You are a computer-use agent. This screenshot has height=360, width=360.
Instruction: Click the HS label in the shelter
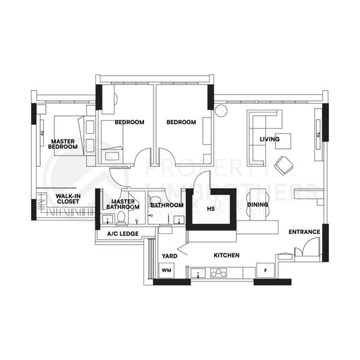[211, 209]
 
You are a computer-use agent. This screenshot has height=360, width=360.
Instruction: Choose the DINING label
[257, 205]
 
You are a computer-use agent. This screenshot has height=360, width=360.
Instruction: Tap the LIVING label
[269, 140]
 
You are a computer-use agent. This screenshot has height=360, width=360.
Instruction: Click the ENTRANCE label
[303, 232]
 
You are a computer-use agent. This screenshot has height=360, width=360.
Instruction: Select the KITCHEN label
[227, 256]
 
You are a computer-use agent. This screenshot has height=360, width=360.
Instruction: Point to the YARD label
[169, 256]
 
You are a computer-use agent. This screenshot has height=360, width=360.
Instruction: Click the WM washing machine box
[166, 271]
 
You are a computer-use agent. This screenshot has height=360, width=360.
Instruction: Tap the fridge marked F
[265, 271]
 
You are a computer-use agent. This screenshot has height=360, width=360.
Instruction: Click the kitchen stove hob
[218, 274]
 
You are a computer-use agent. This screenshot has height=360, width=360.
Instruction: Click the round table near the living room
[220, 111]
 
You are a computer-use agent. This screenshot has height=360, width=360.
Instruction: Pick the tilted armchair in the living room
[283, 163]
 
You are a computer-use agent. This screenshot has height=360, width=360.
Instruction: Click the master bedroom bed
[67, 136]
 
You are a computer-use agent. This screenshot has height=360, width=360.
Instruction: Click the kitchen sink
[199, 274]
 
